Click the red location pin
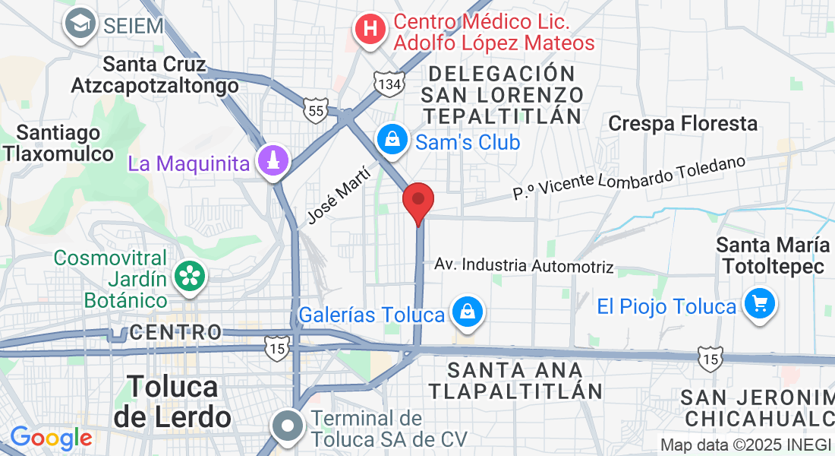point(417,201)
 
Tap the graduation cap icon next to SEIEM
point(79,24)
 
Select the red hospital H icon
point(370,30)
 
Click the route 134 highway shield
point(388,84)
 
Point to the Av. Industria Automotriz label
point(524,265)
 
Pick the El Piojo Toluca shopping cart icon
point(758,305)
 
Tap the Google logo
point(51,438)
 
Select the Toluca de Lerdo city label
point(172,401)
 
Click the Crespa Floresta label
point(683,123)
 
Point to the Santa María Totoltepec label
point(774,255)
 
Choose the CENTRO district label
point(175,332)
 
